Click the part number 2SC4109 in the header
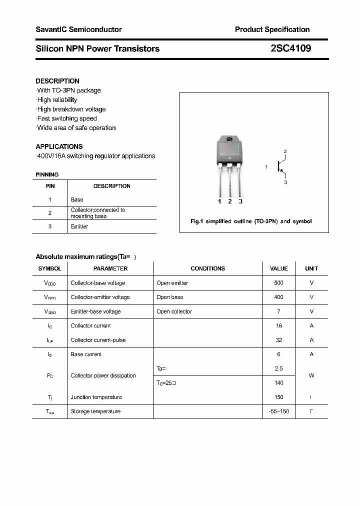tap(290, 48)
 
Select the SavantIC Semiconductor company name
tap(78, 29)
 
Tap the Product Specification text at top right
tap(272, 29)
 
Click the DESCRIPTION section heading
tap(57, 81)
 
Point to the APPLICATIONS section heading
tap(59, 146)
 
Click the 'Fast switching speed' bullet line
tap(66, 118)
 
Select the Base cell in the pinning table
tap(77, 199)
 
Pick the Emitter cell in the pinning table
tap(79, 226)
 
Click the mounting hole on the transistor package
tap(229, 139)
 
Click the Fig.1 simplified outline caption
tap(251, 221)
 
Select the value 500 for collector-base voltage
tap(278, 283)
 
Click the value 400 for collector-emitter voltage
tap(278, 297)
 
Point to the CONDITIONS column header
tap(207, 268)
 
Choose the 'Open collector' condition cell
tap(174, 311)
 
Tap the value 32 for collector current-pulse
tap(278, 340)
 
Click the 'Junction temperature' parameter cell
tap(96, 397)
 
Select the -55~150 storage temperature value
tap(278, 411)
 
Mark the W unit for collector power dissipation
tap(311, 375)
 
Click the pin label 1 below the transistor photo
tap(219, 201)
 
